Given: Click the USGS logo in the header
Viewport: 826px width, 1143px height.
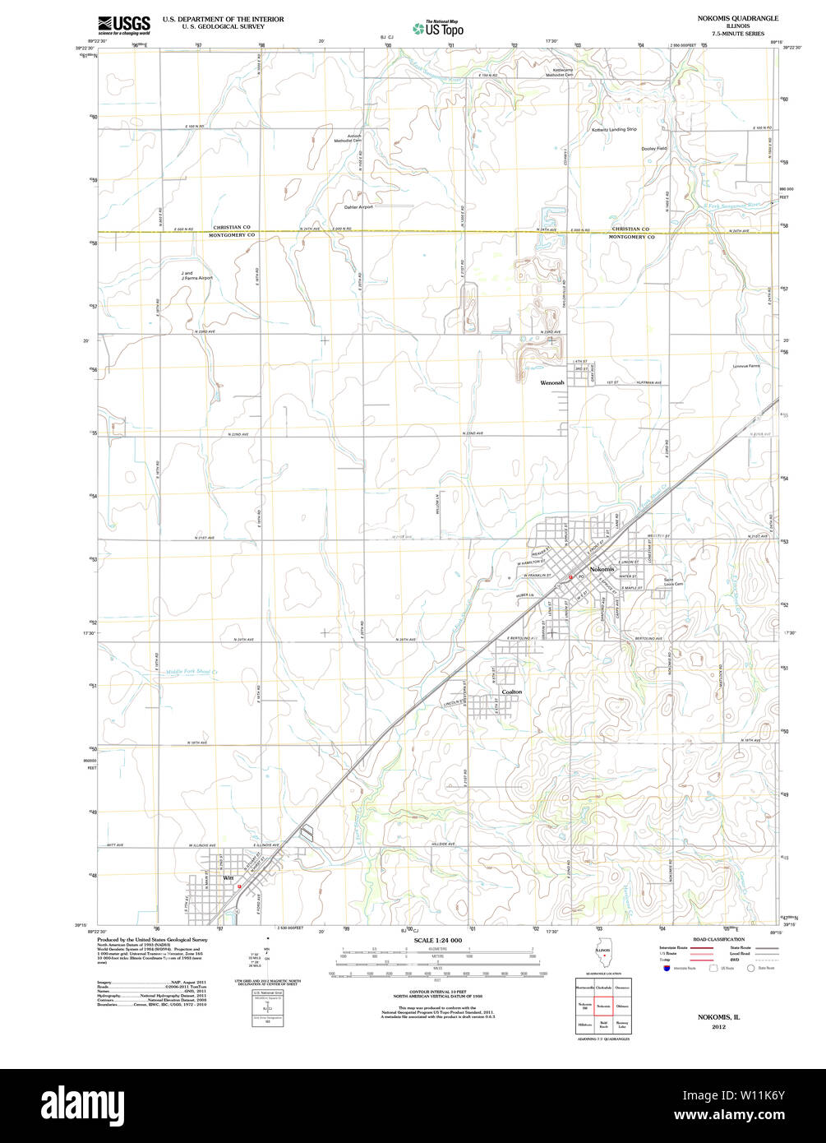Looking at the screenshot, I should (x=123, y=25).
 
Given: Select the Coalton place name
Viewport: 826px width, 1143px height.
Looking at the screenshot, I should (x=512, y=692).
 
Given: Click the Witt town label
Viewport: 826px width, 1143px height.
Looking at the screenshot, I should (x=228, y=877).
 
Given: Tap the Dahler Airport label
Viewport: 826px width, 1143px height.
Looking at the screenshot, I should (x=358, y=207).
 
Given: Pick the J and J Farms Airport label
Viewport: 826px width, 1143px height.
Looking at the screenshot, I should (x=196, y=275).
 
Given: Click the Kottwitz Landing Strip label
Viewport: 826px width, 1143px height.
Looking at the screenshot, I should (x=614, y=129).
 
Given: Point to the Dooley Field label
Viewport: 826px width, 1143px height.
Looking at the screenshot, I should (x=654, y=149).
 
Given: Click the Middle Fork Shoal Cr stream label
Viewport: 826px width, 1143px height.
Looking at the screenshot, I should (x=192, y=672).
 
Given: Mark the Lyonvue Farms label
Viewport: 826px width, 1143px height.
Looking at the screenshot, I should (x=746, y=366).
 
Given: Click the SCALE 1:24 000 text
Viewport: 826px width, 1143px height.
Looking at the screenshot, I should (x=437, y=940).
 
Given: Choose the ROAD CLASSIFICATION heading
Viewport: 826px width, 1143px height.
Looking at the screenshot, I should (x=719, y=939).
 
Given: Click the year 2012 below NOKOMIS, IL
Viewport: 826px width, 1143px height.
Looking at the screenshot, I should (x=719, y=1027).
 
